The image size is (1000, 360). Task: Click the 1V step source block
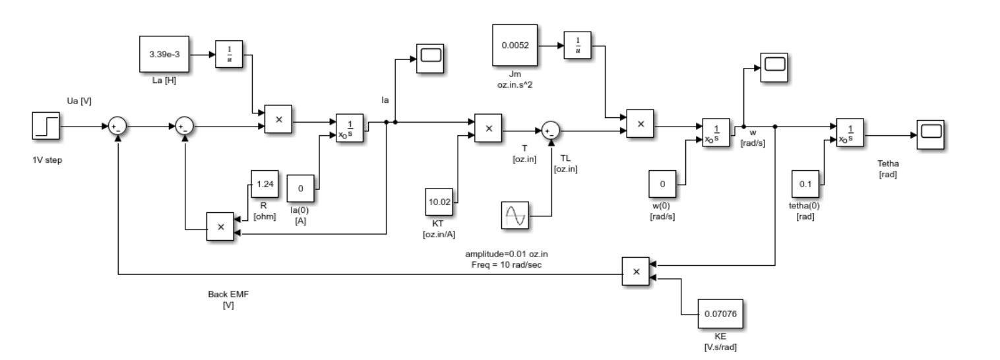click(46, 125)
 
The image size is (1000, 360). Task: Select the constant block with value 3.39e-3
click(164, 54)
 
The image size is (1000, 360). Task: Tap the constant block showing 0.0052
click(515, 46)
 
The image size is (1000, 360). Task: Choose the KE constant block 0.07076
click(721, 315)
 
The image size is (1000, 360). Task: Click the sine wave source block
click(515, 216)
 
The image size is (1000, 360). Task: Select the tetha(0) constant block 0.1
click(805, 184)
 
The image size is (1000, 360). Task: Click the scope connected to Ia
click(430, 59)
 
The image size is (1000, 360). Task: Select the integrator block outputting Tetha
click(850, 134)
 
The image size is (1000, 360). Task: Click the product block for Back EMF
click(636, 271)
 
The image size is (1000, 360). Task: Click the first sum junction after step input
click(117, 126)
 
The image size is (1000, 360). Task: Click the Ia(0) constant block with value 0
click(301, 189)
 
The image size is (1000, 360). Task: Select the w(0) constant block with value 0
click(662, 185)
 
